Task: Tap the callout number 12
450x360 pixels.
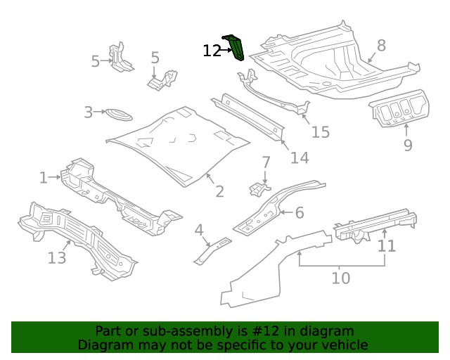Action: [x=212, y=51]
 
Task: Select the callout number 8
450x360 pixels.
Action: [x=381, y=46]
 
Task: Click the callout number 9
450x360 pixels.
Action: [x=408, y=146]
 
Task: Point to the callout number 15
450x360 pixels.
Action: [x=320, y=132]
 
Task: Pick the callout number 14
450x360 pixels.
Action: [x=300, y=158]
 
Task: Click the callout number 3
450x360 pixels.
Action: [x=89, y=112]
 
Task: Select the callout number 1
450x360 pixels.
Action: [x=44, y=178]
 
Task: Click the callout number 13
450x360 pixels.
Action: [x=57, y=258]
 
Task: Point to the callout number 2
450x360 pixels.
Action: [x=219, y=191]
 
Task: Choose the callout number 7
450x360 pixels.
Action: [x=266, y=162]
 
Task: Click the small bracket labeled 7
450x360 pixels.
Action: [x=259, y=188]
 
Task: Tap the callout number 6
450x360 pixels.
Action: [x=299, y=212]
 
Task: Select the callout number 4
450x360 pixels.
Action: [x=199, y=230]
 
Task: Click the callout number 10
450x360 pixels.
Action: [x=340, y=278]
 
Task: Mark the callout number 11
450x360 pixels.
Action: [x=387, y=246]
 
